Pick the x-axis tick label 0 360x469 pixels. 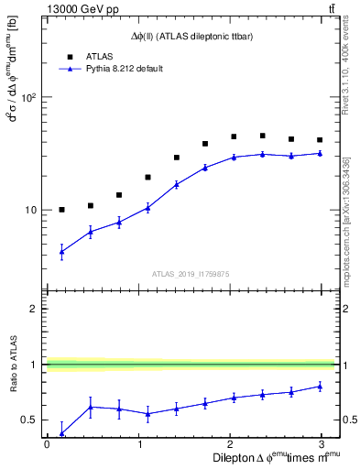(46, 444)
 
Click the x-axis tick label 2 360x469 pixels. (230, 444)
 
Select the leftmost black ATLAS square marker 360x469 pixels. (61, 210)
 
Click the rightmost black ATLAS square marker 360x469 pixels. (320, 140)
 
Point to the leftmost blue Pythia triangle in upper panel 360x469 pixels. (61, 251)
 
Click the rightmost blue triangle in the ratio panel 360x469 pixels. (320, 386)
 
